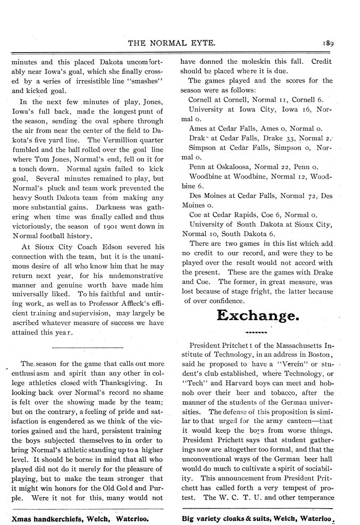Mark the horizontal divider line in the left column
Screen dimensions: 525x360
[x=88, y=347]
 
